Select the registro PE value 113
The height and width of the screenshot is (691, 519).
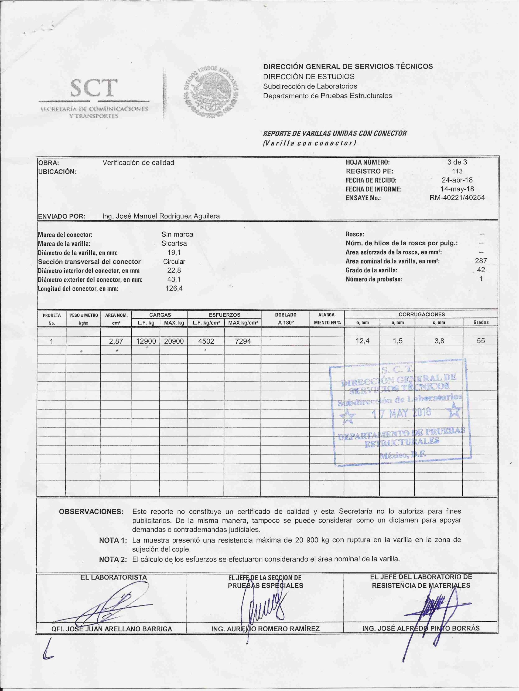[x=457, y=171]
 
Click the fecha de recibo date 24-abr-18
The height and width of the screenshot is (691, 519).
[x=457, y=180]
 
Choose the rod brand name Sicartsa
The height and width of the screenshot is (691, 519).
[x=174, y=243]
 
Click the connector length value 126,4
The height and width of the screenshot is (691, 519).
[x=174, y=288]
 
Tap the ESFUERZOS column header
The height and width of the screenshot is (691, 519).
[x=224, y=314]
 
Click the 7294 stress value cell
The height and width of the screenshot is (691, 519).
[x=243, y=341]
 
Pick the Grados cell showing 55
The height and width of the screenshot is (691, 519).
[x=481, y=341]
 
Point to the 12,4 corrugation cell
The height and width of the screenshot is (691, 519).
[x=363, y=341]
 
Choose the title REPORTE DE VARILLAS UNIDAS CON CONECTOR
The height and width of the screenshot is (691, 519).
[x=335, y=133]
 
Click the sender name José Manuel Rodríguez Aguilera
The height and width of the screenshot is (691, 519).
[x=161, y=216]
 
